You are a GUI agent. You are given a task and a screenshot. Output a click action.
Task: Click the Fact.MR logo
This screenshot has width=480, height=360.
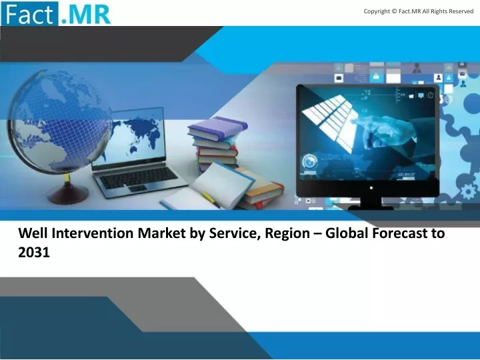[x=56, y=13]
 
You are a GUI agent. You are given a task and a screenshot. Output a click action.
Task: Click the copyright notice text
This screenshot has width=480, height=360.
[x=419, y=11]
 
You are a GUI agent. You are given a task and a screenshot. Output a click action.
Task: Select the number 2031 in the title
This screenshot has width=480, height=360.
[x=34, y=253]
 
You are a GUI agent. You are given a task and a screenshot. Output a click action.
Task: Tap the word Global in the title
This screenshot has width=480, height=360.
[x=346, y=233]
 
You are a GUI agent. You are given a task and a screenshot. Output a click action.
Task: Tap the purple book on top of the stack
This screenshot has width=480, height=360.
[x=217, y=127]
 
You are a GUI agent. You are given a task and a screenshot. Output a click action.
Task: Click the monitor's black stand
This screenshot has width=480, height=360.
[x=371, y=203]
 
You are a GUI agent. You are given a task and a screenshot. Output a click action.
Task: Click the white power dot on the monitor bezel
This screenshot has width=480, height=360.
[x=371, y=187]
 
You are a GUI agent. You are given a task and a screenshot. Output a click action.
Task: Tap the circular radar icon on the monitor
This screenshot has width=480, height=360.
[x=310, y=161]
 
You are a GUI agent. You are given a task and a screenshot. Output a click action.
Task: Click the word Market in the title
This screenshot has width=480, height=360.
[x=161, y=233]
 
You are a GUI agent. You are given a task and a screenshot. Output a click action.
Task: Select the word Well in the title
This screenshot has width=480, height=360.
[x=33, y=233]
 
